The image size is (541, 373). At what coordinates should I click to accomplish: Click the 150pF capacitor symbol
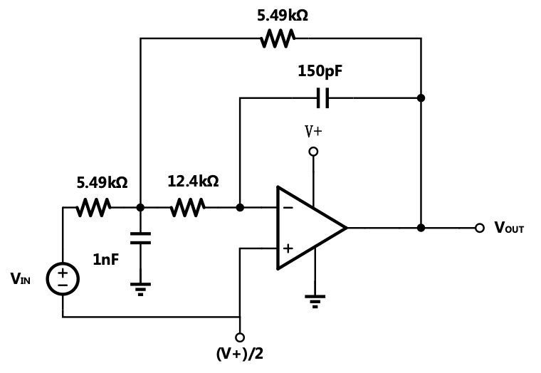[x=322, y=98]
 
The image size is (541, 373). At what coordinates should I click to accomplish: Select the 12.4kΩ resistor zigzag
[x=188, y=208]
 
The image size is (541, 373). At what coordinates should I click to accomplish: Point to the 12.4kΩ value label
[x=193, y=182]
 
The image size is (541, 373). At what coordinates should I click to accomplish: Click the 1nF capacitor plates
[x=140, y=237]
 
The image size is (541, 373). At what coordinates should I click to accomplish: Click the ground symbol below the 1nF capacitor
[x=140, y=288]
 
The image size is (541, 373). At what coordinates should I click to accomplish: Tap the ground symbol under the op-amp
[x=313, y=301]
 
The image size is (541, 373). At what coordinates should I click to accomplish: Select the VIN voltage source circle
[x=63, y=278]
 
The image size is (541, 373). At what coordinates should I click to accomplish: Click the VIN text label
[x=21, y=279]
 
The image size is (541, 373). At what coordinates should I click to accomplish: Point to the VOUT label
[x=509, y=228]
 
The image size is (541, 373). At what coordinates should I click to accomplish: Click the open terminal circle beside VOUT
[x=480, y=228]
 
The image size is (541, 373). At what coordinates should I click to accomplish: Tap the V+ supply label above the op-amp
[x=314, y=132]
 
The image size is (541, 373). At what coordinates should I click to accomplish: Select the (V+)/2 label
[x=240, y=354]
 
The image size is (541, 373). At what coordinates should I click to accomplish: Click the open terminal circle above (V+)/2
[x=240, y=337]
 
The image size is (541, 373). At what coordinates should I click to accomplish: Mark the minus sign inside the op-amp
[x=288, y=208]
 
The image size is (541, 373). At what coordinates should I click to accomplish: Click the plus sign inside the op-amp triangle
[x=288, y=248]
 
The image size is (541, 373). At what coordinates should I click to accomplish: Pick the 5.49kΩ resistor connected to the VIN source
[x=94, y=208]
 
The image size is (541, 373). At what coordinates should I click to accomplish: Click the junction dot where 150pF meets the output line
[x=421, y=98]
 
